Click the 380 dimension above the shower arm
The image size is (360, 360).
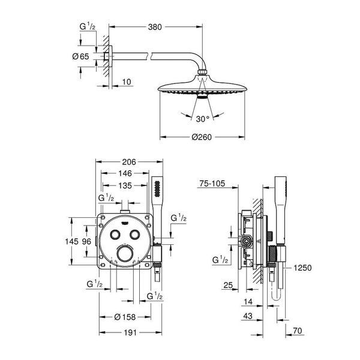point(155,27)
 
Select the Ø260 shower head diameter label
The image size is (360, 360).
point(202,137)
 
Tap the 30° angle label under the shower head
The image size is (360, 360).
point(203,119)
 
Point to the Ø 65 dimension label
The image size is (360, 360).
point(80,56)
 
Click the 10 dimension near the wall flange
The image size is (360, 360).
point(127,82)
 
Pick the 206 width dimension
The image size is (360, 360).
point(129,162)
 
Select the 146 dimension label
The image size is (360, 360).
point(125,173)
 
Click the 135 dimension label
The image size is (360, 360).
point(125,185)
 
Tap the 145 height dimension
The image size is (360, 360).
point(72,241)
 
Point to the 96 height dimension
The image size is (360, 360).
point(86,241)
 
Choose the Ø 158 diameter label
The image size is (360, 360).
point(125,317)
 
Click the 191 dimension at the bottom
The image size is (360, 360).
point(130,332)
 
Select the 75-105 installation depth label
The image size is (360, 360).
point(212,184)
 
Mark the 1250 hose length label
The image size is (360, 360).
point(302,268)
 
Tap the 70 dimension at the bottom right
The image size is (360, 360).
point(298,331)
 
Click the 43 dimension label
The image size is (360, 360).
point(248,316)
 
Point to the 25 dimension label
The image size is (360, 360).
point(228,285)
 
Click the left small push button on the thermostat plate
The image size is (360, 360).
point(115,235)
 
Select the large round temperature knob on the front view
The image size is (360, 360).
point(125,254)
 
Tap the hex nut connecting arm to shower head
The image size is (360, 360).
point(202,71)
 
